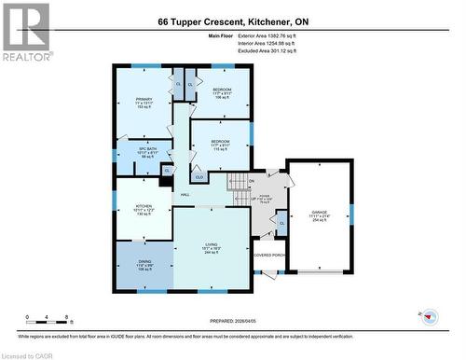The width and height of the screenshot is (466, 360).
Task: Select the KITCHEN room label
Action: (143, 206)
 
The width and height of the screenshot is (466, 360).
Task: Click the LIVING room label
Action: (212, 244)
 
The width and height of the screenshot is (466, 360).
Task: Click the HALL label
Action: (185, 195)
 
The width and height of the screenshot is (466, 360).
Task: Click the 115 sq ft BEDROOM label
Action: (220, 141)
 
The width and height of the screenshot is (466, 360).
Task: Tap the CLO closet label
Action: (199, 174)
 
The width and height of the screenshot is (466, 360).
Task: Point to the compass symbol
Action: (430, 315)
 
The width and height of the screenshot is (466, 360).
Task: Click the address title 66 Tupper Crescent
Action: (232, 20)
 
